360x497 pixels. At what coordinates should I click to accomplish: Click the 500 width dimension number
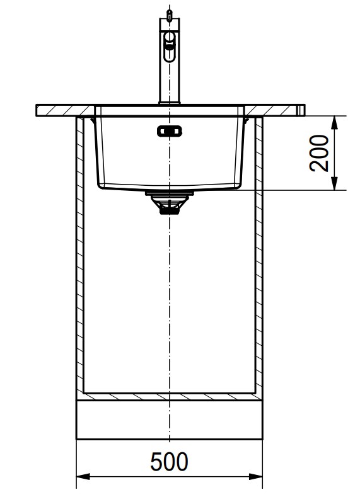point(169,462)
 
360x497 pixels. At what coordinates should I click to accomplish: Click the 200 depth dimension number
point(319,153)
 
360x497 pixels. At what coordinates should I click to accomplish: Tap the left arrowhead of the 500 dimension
point(83,476)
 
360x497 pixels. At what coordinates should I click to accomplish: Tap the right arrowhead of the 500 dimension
point(255,476)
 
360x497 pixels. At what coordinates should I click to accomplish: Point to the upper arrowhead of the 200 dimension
point(334,122)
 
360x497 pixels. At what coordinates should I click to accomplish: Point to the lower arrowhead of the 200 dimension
point(334,184)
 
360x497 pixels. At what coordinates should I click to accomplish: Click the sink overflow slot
point(170,131)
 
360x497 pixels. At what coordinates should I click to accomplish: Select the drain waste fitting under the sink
point(170,203)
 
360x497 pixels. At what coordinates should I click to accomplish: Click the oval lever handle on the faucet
point(170,46)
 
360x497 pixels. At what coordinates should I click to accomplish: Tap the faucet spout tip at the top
point(170,14)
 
